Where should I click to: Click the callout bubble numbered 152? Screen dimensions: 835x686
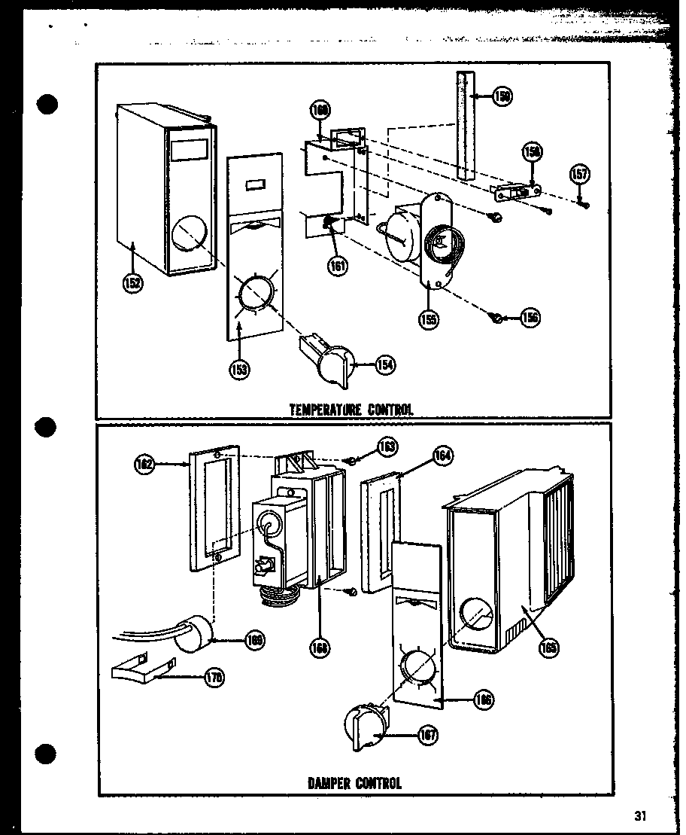[133, 284]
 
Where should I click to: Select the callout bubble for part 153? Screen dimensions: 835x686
[240, 370]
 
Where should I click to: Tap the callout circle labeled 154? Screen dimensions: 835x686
[385, 364]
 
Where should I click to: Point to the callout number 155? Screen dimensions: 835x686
[430, 318]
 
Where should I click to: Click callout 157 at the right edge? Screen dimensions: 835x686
[580, 175]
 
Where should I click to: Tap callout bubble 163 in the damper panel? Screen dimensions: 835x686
[387, 446]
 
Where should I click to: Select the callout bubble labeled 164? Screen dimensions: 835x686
[444, 456]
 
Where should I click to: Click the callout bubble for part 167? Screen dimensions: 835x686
[428, 735]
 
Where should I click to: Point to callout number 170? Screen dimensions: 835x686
[214, 678]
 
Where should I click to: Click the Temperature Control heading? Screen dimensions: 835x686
[351, 410]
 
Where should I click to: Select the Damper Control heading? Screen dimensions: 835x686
[354, 782]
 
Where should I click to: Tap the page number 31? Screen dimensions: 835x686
[640, 815]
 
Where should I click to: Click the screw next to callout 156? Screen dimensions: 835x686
[497, 317]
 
